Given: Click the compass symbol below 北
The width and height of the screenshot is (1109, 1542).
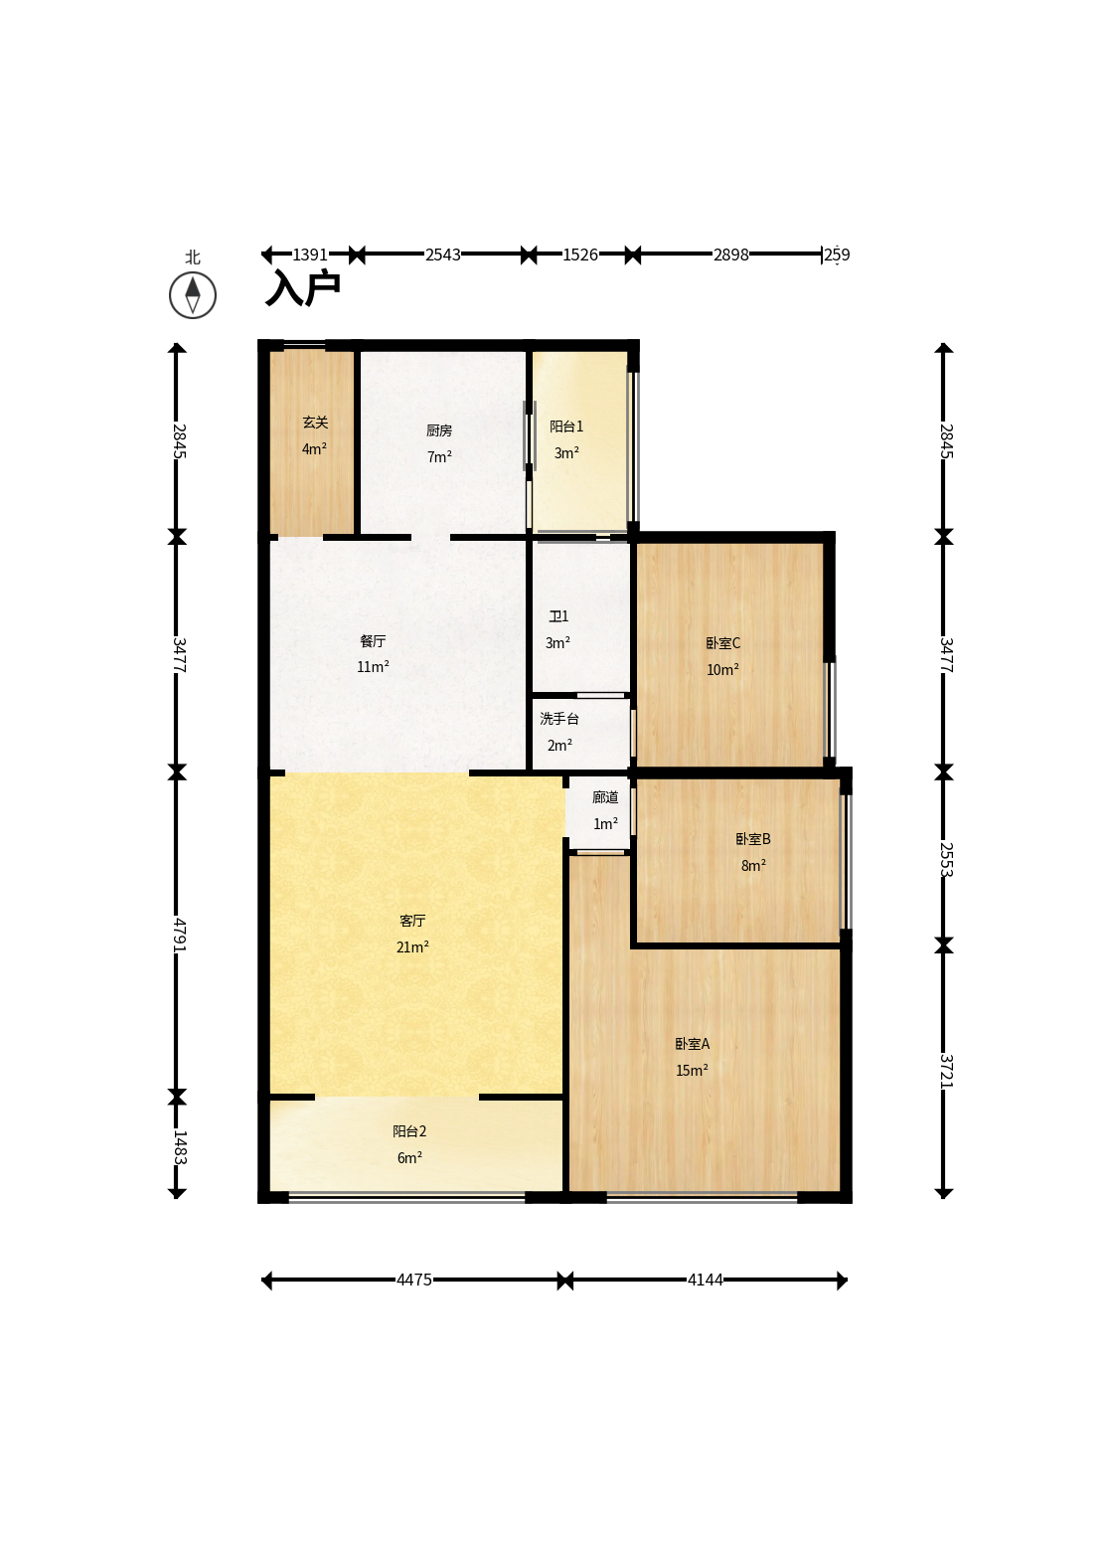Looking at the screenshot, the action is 193,295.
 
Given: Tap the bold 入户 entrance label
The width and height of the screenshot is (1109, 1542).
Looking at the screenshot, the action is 303,287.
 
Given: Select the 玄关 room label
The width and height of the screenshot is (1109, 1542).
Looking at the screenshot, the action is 315,423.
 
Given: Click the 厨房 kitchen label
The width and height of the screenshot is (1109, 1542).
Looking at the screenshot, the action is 439,430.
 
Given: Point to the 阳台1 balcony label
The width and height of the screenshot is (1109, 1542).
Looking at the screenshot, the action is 566,427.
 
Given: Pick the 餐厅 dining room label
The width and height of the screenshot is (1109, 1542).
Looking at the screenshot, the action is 373,641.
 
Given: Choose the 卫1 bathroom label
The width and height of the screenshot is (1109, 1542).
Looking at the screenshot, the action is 557,616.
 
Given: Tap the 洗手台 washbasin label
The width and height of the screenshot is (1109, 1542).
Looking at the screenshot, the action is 559,719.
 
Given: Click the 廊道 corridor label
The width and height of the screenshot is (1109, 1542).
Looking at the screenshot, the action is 605,797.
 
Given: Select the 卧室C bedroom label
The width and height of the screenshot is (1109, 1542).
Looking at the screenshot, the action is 723,643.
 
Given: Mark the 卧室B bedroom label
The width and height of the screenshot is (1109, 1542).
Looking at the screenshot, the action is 753,839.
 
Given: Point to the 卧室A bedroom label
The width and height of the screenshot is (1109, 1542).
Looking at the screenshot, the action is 692,1044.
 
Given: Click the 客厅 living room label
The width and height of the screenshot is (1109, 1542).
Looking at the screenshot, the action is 412,921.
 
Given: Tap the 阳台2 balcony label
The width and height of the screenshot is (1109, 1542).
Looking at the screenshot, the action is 409,1131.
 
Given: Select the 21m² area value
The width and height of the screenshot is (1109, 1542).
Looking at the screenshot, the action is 412,947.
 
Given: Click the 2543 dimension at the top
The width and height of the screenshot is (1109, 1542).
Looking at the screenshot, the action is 442,255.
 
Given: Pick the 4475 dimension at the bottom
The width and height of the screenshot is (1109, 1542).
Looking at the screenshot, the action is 414,1280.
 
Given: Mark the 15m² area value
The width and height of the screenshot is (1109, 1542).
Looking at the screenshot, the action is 692,1071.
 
